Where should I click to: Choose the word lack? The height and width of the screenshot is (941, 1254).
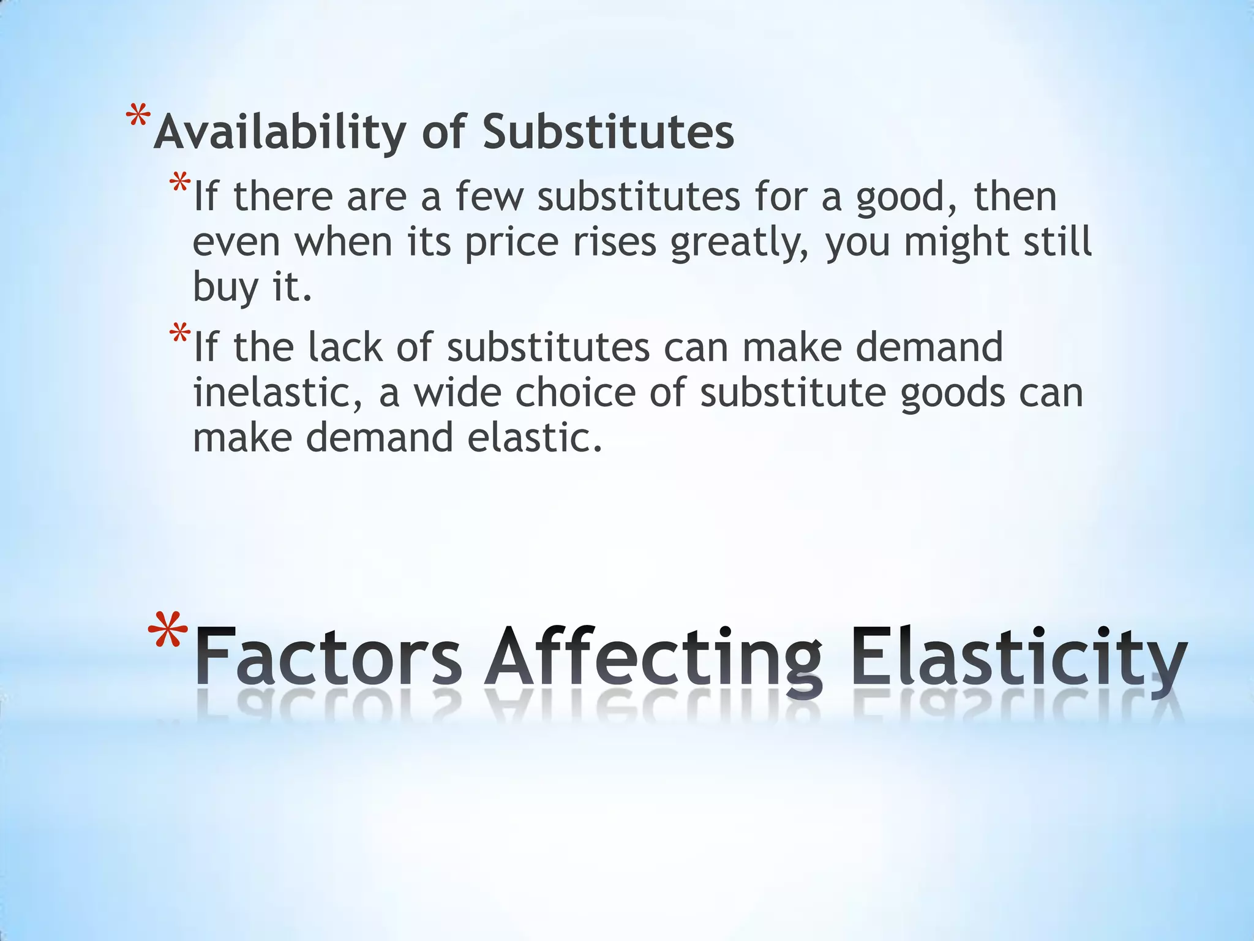(x=345, y=347)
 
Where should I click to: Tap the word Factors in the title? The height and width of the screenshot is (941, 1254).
(x=328, y=658)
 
